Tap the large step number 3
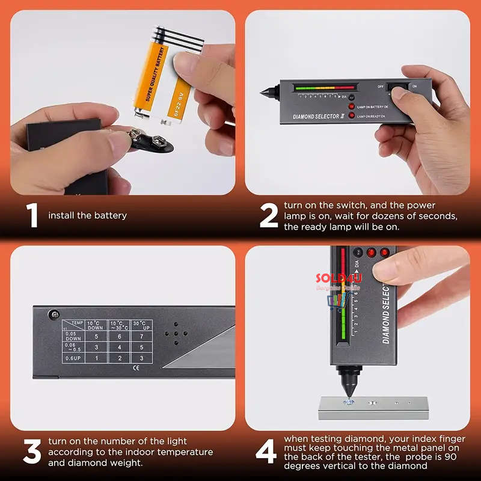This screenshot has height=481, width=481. click(31, 452)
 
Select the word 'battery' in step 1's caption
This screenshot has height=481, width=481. click(110, 215)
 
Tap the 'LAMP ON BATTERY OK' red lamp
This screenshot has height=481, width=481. click(352, 106)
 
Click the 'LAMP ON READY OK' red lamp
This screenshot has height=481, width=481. click(352, 115)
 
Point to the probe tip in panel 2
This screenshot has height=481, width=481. click(263, 93)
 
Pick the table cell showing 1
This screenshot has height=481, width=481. click(96, 358)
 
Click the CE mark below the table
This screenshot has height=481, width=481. click(135, 369)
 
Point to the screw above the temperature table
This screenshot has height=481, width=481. click(55, 313)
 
